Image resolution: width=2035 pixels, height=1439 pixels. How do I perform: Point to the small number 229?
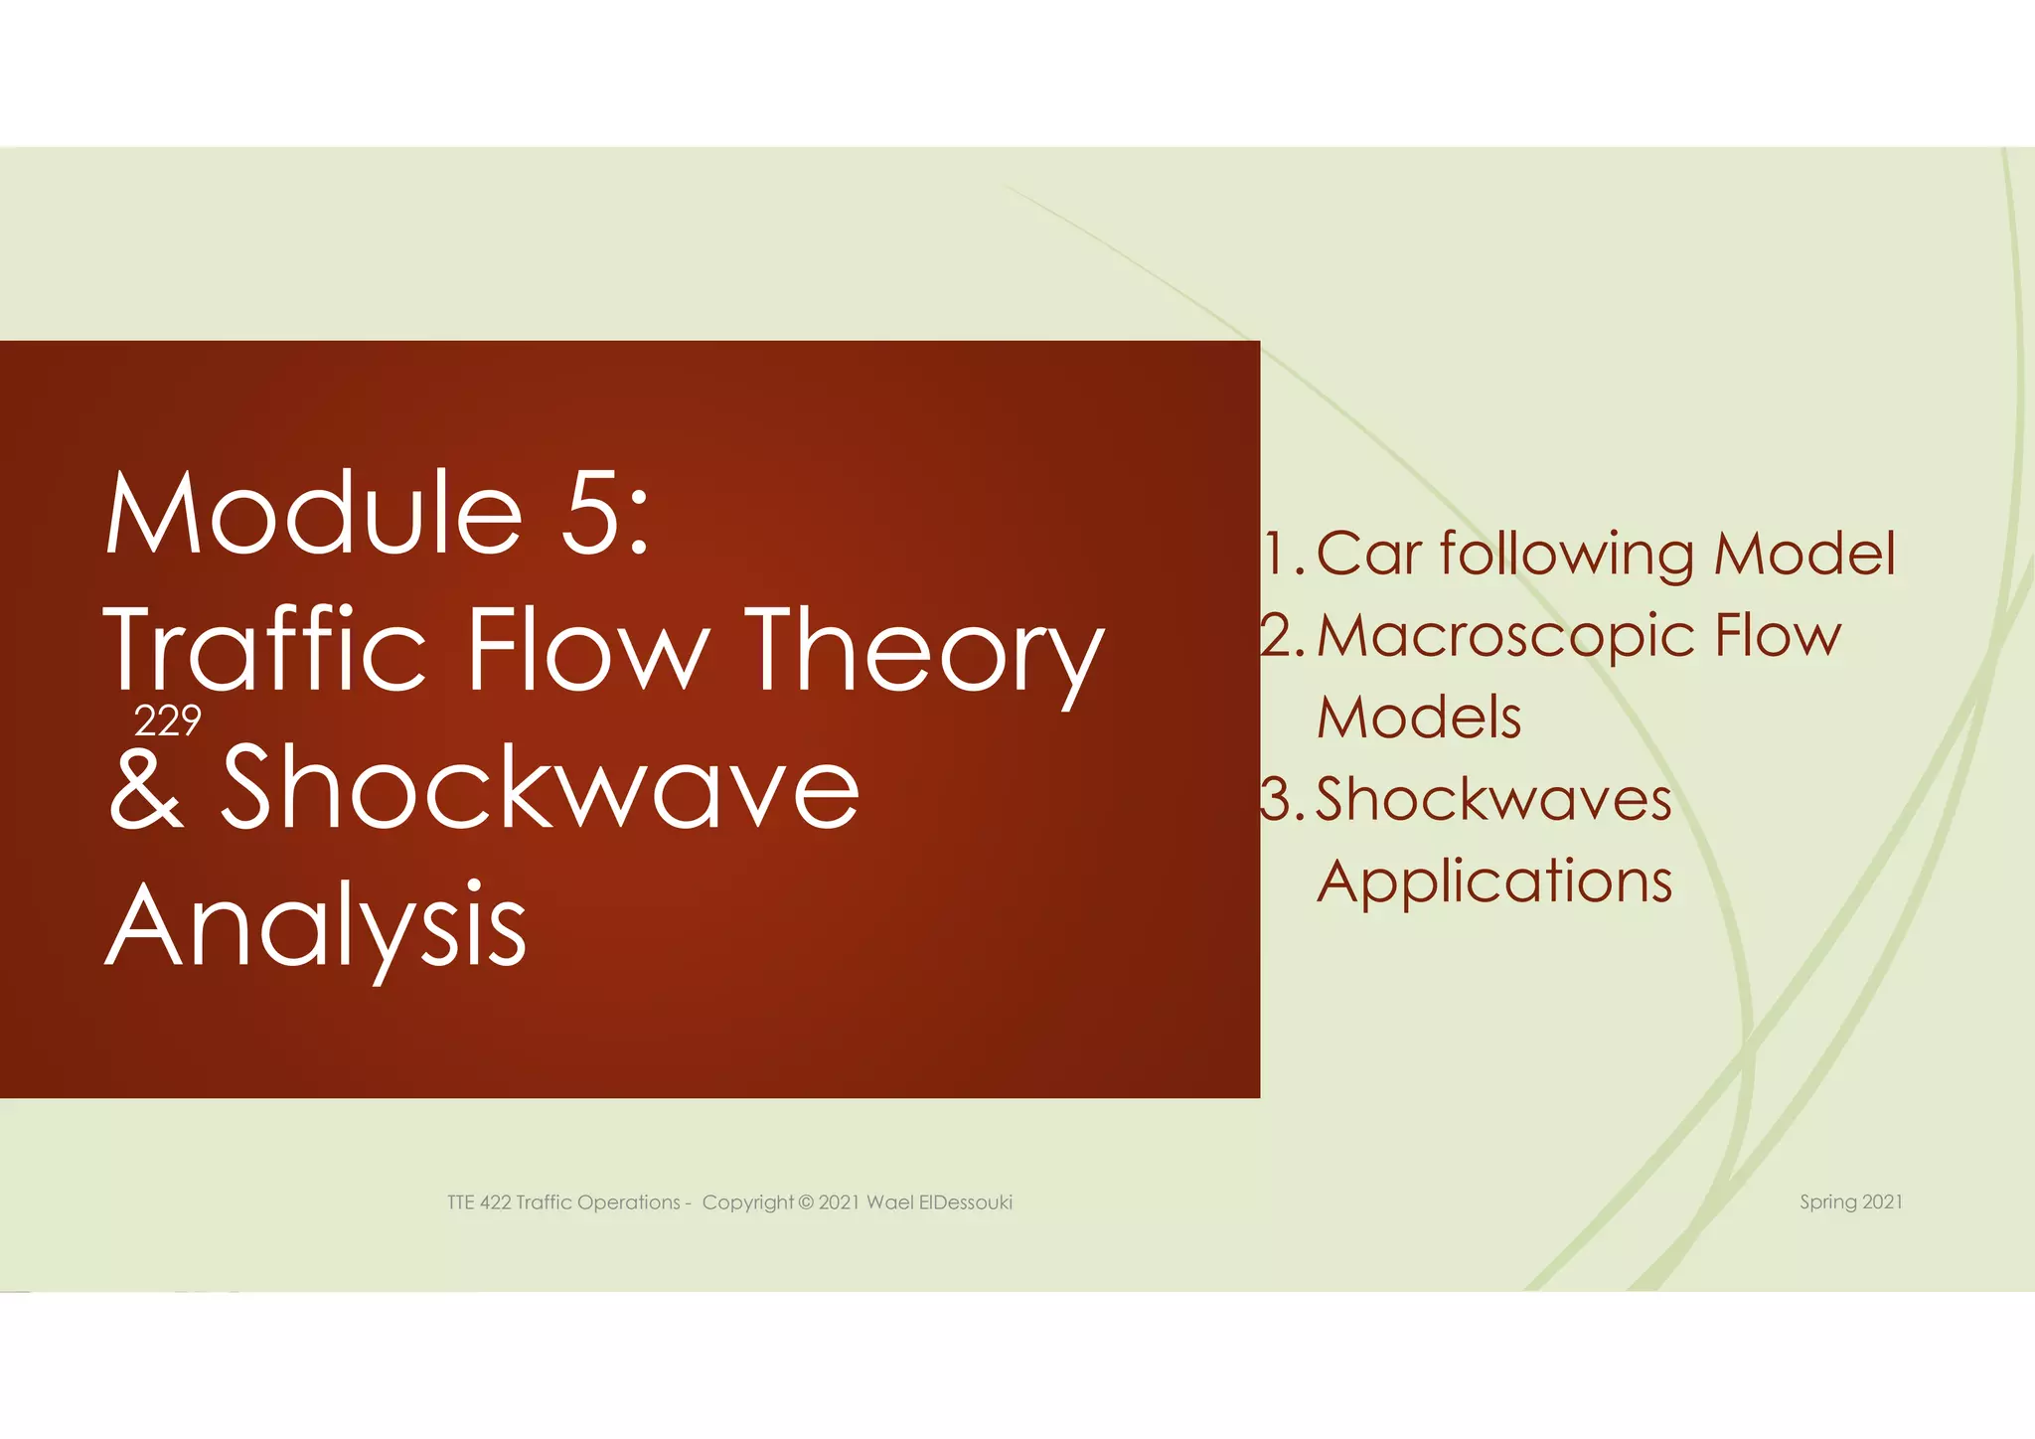coord(168,720)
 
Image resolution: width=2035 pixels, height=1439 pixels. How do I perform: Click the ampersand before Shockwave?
coord(147,788)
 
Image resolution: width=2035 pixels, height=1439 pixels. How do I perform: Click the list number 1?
coord(1282,554)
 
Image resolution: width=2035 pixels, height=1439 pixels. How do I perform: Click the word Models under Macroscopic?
coord(1419,718)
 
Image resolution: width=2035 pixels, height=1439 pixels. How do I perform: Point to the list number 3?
coord(1279,800)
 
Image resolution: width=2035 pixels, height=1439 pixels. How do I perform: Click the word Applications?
coord(1494,882)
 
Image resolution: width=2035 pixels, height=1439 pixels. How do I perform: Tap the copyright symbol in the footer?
coord(805,1202)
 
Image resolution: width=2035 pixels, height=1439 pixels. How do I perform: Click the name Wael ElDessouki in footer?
coord(939,1202)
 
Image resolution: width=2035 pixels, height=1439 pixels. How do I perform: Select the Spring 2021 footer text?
coord(1851,1202)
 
